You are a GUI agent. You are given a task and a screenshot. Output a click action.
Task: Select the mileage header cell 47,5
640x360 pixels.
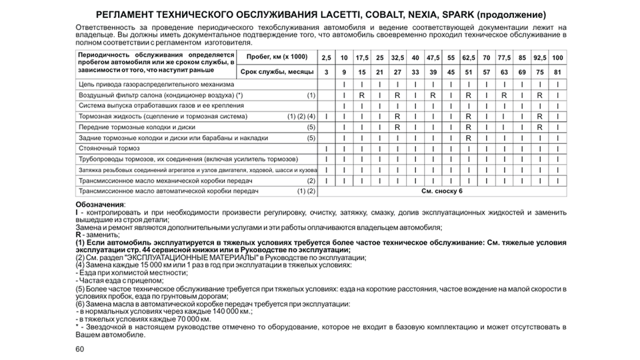click(433, 58)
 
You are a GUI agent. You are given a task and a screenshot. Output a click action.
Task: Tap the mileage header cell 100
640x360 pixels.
click(557, 58)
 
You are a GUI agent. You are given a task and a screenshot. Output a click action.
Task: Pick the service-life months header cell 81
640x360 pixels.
click(557, 72)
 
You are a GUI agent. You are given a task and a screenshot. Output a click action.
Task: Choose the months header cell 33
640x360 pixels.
click(415, 72)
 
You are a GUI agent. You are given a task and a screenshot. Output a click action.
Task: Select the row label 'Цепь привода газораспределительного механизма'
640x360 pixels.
click(157, 85)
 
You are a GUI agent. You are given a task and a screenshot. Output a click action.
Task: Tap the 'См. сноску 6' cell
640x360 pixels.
click(441, 191)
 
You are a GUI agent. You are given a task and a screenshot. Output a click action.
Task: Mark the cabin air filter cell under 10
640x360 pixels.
click(343, 95)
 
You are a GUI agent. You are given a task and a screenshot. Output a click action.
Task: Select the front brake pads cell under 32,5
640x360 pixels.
click(397, 127)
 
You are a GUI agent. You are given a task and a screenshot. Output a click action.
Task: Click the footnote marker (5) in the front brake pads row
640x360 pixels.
click(311, 127)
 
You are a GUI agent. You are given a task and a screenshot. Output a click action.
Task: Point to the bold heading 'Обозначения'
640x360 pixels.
click(99, 203)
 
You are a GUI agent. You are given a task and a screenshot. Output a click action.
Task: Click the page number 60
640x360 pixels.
click(80, 349)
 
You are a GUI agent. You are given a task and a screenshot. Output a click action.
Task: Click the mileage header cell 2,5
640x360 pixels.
click(326, 58)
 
